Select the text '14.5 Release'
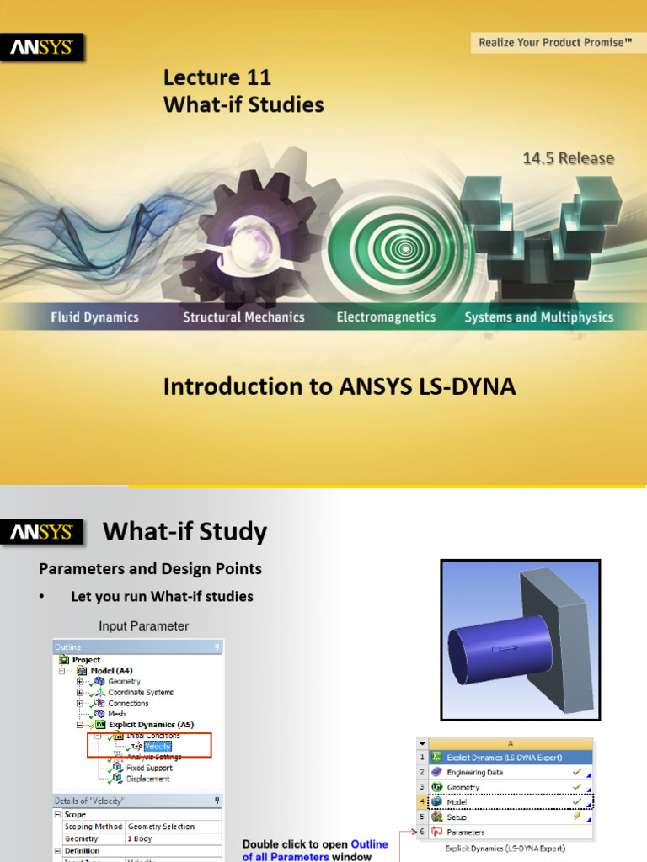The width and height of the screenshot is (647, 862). pos(568,158)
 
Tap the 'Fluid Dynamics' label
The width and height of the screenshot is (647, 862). pos(94,317)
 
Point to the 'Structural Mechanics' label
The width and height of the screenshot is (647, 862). pos(243,317)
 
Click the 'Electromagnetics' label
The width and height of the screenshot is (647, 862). pos(386,317)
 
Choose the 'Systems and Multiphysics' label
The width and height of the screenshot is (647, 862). pos(538,317)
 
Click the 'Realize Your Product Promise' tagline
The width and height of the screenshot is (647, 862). pos(554,42)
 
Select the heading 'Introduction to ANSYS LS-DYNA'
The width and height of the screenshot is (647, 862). pos(339,386)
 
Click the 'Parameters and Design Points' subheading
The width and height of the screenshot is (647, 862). pos(151,569)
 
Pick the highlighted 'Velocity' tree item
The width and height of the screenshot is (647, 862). pos(158,746)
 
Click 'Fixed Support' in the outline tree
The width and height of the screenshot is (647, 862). pos(148,768)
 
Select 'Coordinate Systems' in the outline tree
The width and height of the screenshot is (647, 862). pos(141,692)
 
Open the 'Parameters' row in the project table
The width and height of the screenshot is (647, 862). pos(466,833)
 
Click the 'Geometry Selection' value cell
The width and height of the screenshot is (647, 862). pos(161,827)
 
